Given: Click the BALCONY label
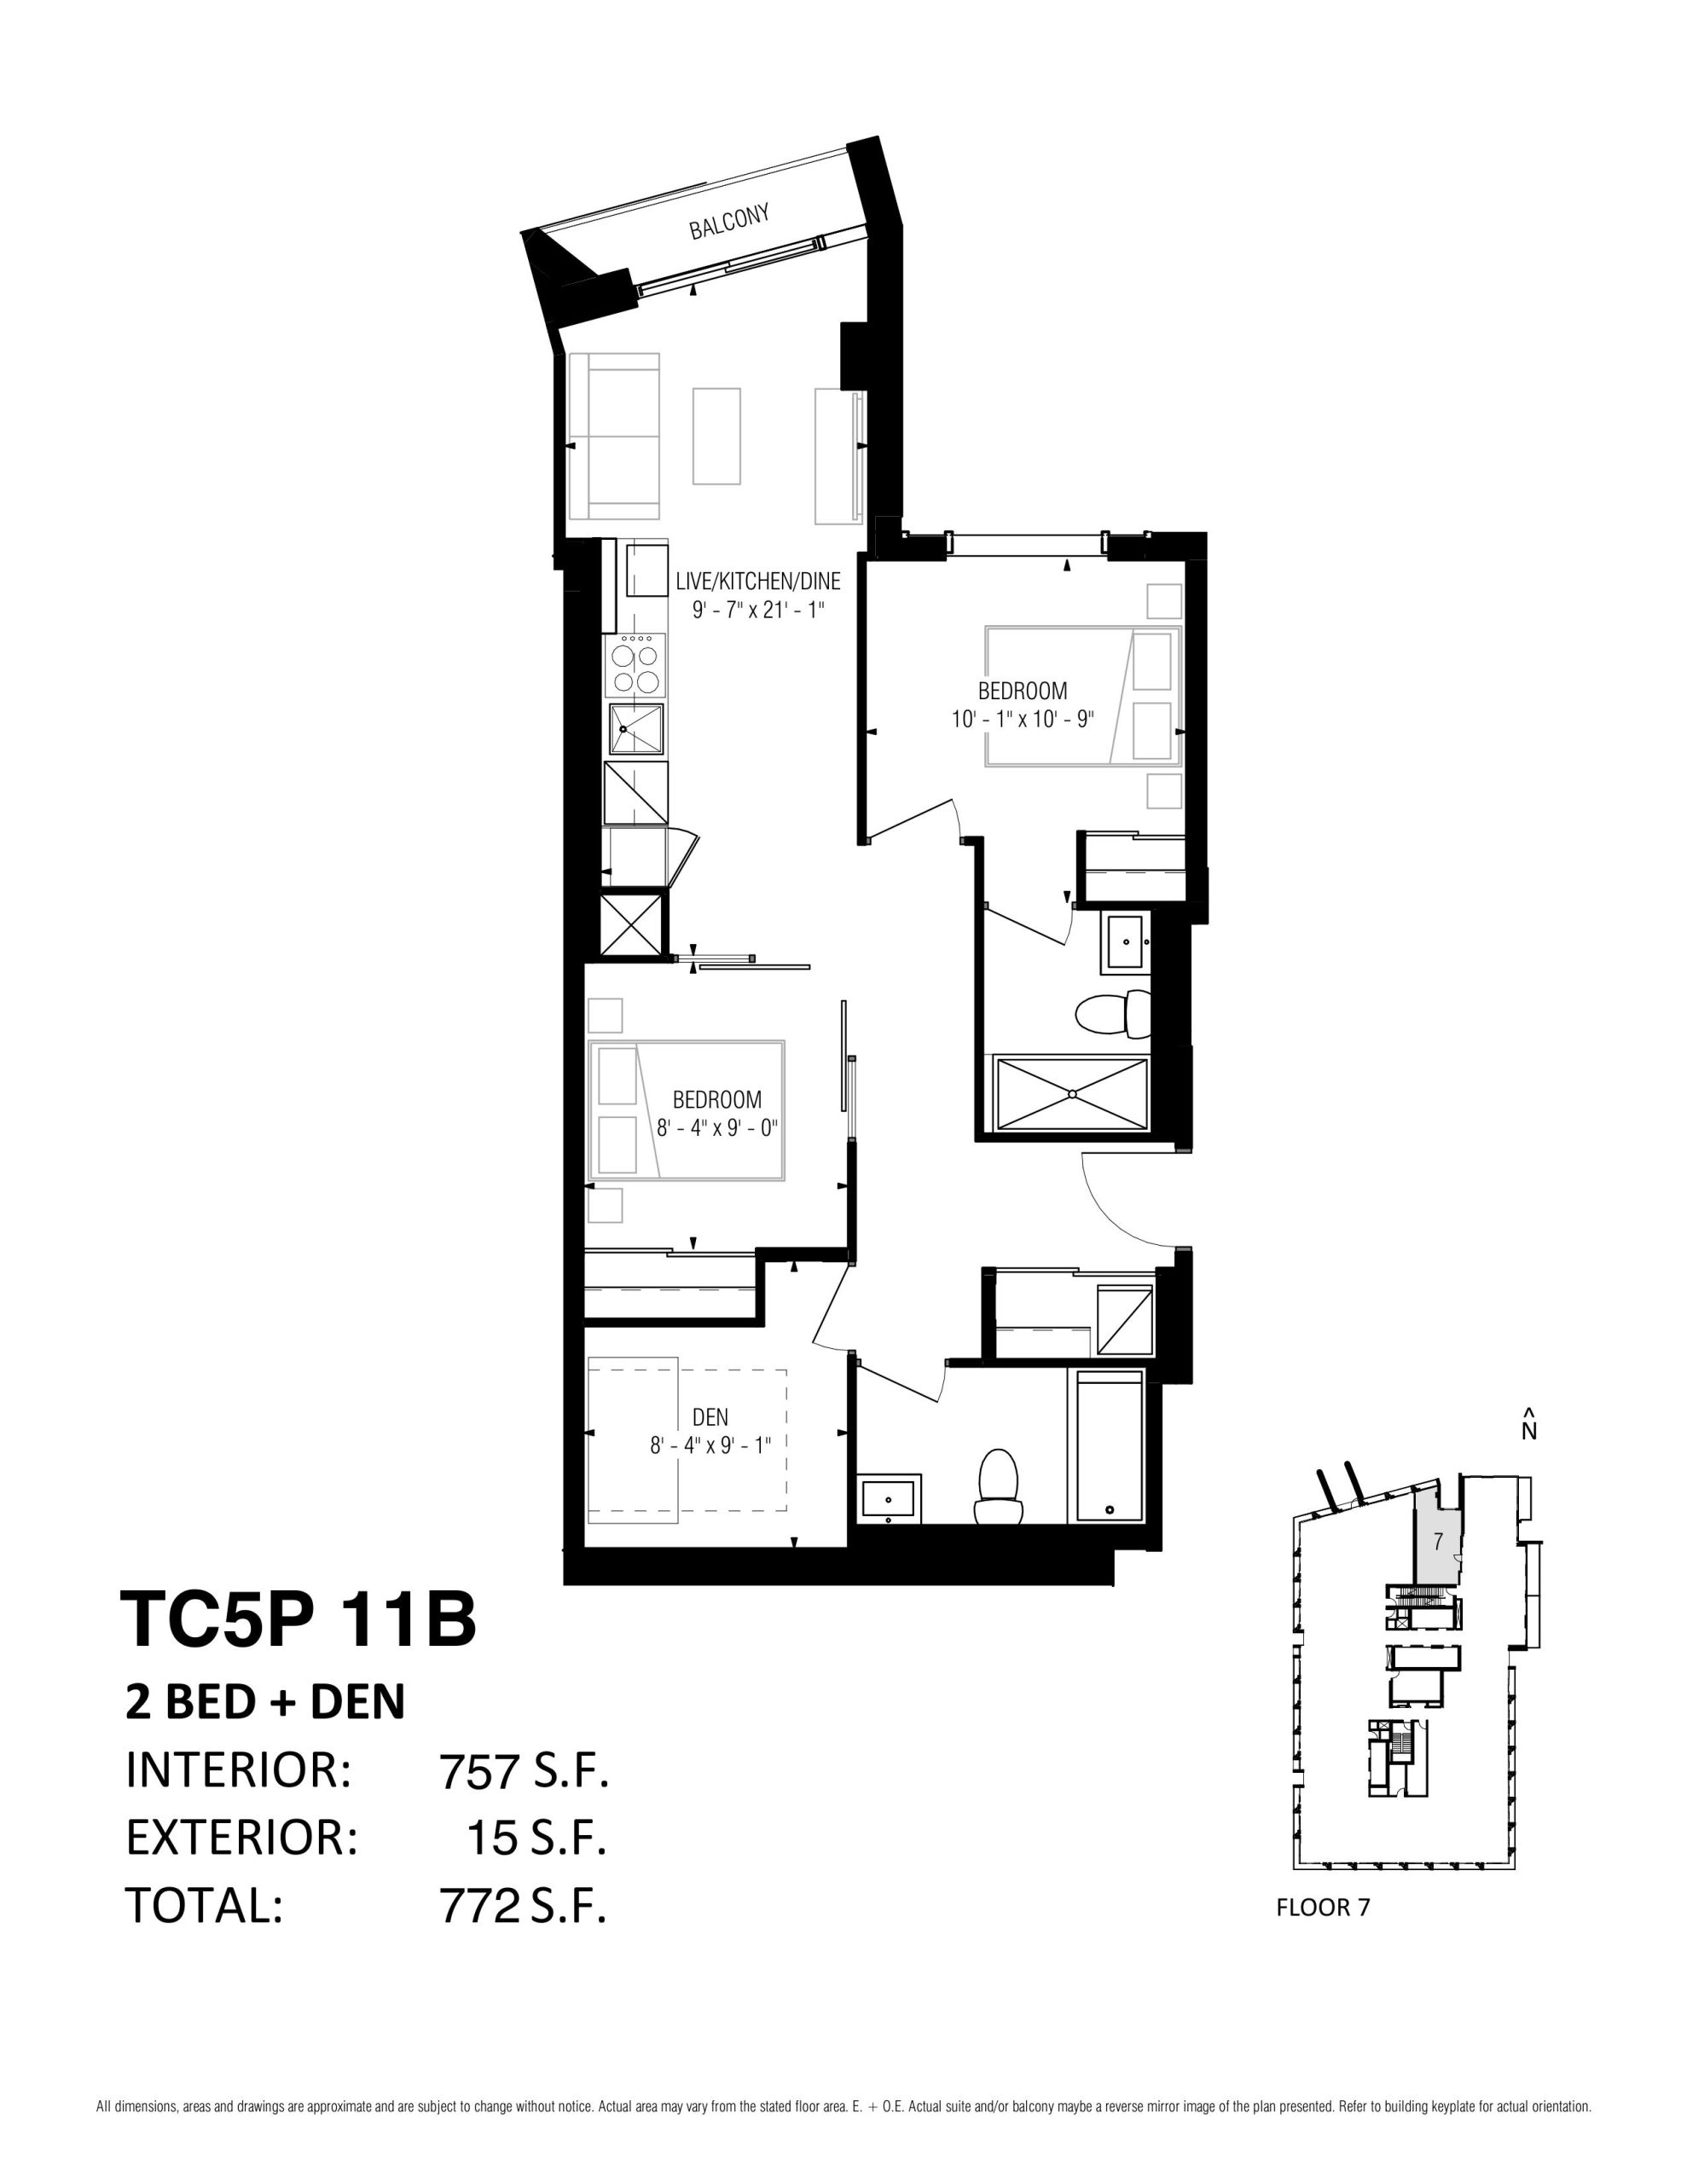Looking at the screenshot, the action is click(x=730, y=221).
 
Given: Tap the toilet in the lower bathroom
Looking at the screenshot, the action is click(x=998, y=1487).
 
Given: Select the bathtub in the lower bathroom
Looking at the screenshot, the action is click(x=1108, y=1445).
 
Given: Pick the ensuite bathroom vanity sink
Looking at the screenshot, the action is click(x=1127, y=941).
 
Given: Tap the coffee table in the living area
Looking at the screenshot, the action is click(x=717, y=437).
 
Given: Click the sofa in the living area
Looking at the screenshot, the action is click(x=614, y=437).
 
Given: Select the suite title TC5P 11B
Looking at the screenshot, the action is click(x=298, y=1620).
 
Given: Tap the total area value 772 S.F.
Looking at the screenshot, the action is click(x=523, y=1906).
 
